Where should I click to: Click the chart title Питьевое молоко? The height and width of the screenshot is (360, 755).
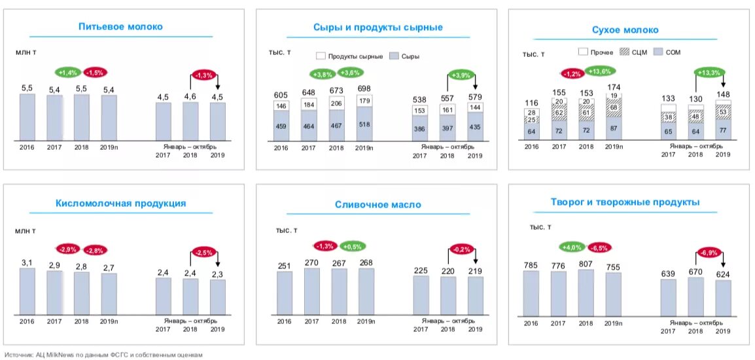120,27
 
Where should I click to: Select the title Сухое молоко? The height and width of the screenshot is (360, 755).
625,29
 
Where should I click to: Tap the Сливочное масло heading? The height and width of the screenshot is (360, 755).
377,204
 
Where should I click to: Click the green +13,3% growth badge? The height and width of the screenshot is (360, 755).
709,72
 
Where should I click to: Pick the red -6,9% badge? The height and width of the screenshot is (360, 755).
709,251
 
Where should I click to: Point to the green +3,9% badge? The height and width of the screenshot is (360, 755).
461,75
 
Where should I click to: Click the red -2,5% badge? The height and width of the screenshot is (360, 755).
204,252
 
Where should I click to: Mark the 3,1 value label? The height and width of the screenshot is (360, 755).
27,262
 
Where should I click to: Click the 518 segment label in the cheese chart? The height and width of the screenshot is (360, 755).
364,124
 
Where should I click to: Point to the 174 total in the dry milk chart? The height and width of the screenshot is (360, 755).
614,87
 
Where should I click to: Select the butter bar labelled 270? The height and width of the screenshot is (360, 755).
311,292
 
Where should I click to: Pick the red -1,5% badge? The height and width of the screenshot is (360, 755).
95,72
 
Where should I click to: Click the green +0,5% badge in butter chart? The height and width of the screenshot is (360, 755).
353,246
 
